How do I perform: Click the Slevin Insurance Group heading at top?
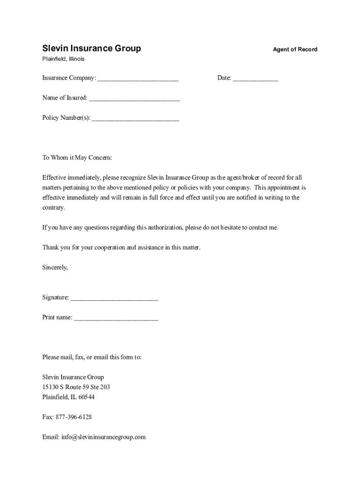tap(92, 49)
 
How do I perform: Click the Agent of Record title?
tap(295, 50)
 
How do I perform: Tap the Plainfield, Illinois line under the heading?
tap(63, 59)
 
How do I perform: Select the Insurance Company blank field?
tap(138, 79)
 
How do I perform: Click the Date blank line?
tap(255, 79)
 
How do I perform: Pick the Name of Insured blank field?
tap(134, 99)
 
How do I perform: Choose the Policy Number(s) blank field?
tap(136, 119)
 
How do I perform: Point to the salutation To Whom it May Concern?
tap(77, 158)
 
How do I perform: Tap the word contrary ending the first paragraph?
tap(53, 208)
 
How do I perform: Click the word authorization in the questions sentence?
tap(166, 228)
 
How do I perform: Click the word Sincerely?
tap(55, 268)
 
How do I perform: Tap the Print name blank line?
tap(116, 318)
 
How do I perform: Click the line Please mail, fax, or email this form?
tap(92, 357)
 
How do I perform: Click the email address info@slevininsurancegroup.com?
tap(103, 437)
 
